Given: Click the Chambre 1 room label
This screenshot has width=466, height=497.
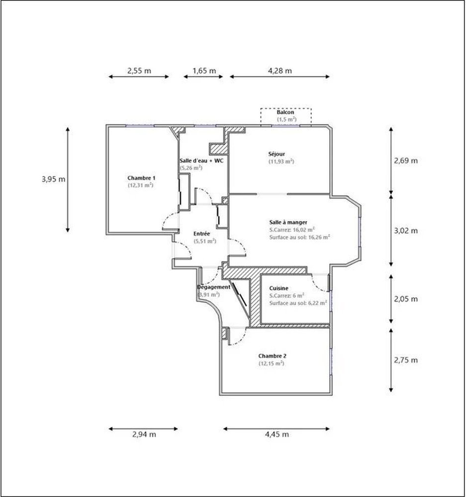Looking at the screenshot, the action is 141,178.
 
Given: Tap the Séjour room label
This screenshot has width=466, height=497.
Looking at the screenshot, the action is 277,154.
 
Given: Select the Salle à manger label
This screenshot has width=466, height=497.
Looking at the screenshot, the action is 288,223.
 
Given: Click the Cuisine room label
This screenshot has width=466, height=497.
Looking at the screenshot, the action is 279,288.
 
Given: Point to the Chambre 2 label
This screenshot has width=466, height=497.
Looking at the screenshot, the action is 272,356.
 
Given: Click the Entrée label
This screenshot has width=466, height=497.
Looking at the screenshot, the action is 202,234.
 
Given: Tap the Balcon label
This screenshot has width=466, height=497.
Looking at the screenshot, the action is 285,112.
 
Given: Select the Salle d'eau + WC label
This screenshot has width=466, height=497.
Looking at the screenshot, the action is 201,161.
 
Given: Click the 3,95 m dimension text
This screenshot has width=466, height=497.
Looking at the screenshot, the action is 53,179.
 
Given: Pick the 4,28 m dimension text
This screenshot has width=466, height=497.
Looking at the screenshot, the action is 280,71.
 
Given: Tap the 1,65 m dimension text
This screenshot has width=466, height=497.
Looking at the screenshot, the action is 204,71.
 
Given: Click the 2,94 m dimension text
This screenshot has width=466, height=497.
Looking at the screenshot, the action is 144,434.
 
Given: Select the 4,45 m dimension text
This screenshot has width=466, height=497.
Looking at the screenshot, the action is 277,434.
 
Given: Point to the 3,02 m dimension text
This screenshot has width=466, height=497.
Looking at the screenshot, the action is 406,231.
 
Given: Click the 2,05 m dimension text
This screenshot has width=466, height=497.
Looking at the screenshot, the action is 406,299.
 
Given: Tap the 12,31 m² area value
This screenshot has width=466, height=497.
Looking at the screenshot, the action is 141,185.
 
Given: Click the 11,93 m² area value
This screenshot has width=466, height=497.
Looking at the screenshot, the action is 281,162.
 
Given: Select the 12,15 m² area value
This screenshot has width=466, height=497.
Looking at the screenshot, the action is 271,363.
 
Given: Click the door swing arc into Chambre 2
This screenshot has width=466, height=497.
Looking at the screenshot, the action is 242,339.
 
